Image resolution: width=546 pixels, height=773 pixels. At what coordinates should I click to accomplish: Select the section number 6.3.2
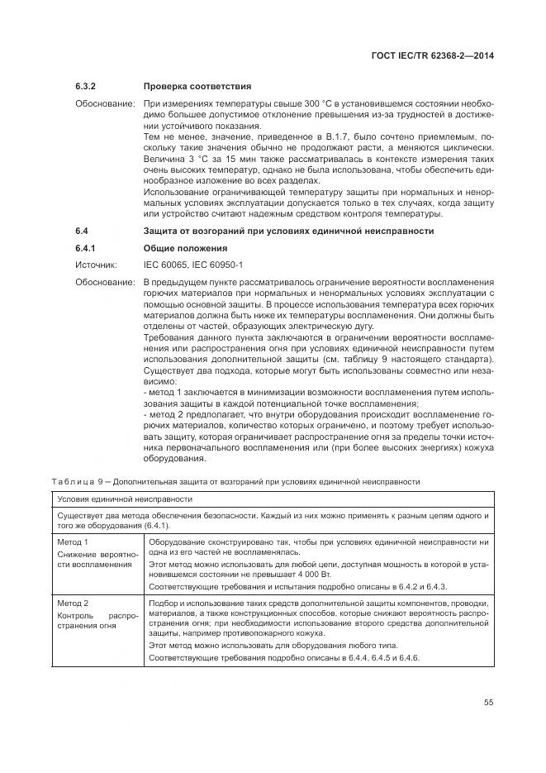(x=87, y=86)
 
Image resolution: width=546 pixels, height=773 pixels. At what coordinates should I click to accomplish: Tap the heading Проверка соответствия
(x=197, y=86)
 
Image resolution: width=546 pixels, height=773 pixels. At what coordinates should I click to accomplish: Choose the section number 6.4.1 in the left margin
(x=87, y=248)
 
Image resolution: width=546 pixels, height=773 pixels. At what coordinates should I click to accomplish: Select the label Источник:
(x=97, y=265)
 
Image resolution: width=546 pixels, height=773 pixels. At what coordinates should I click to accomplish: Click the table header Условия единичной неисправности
(x=125, y=499)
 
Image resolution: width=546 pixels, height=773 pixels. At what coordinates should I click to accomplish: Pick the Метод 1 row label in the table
(x=73, y=542)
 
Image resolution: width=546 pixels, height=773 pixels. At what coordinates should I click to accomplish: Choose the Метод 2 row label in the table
(x=73, y=604)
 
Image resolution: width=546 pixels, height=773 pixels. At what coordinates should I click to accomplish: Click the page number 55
(x=488, y=703)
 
